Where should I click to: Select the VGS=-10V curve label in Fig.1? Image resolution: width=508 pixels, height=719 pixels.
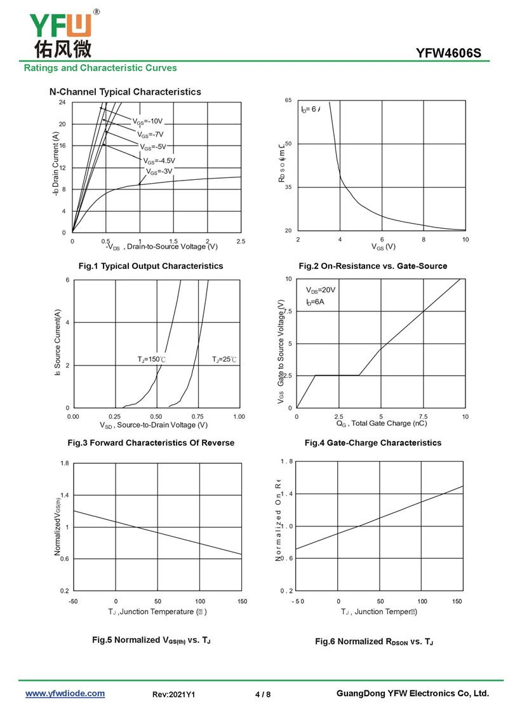pyautogui.click(x=147, y=121)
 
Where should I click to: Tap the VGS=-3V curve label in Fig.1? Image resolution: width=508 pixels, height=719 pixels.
pyautogui.click(x=159, y=172)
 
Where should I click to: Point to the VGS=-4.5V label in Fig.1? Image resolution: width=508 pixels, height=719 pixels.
pyautogui.click(x=159, y=161)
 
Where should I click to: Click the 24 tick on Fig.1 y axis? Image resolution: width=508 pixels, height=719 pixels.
pyautogui.click(x=62, y=102)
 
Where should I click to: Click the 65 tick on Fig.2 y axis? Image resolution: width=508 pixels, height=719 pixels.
pyautogui.click(x=288, y=100)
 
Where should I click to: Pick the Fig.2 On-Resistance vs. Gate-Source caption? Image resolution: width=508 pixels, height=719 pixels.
pyautogui.click(x=373, y=266)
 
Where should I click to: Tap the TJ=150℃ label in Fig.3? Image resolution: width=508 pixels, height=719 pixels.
pyautogui.click(x=151, y=360)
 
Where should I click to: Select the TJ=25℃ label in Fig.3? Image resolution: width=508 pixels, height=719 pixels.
pyautogui.click(x=224, y=360)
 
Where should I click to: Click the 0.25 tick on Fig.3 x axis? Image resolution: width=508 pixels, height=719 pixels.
pyautogui.click(x=115, y=416)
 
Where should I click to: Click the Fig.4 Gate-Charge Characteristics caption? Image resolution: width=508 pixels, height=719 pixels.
pyautogui.click(x=391, y=442)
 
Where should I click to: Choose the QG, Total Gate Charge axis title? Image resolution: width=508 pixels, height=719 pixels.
pyautogui.click(x=381, y=423)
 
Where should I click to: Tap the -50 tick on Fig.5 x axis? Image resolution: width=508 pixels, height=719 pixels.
pyautogui.click(x=74, y=601)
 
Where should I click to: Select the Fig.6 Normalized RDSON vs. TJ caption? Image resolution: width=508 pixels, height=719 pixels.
pyautogui.click(x=374, y=641)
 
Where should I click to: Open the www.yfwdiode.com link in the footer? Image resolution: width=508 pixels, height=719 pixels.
pyautogui.click(x=65, y=694)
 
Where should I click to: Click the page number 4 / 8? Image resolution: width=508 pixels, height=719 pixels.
pyautogui.click(x=263, y=694)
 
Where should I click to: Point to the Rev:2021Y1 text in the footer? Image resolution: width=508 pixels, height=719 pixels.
pyautogui.click(x=174, y=694)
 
